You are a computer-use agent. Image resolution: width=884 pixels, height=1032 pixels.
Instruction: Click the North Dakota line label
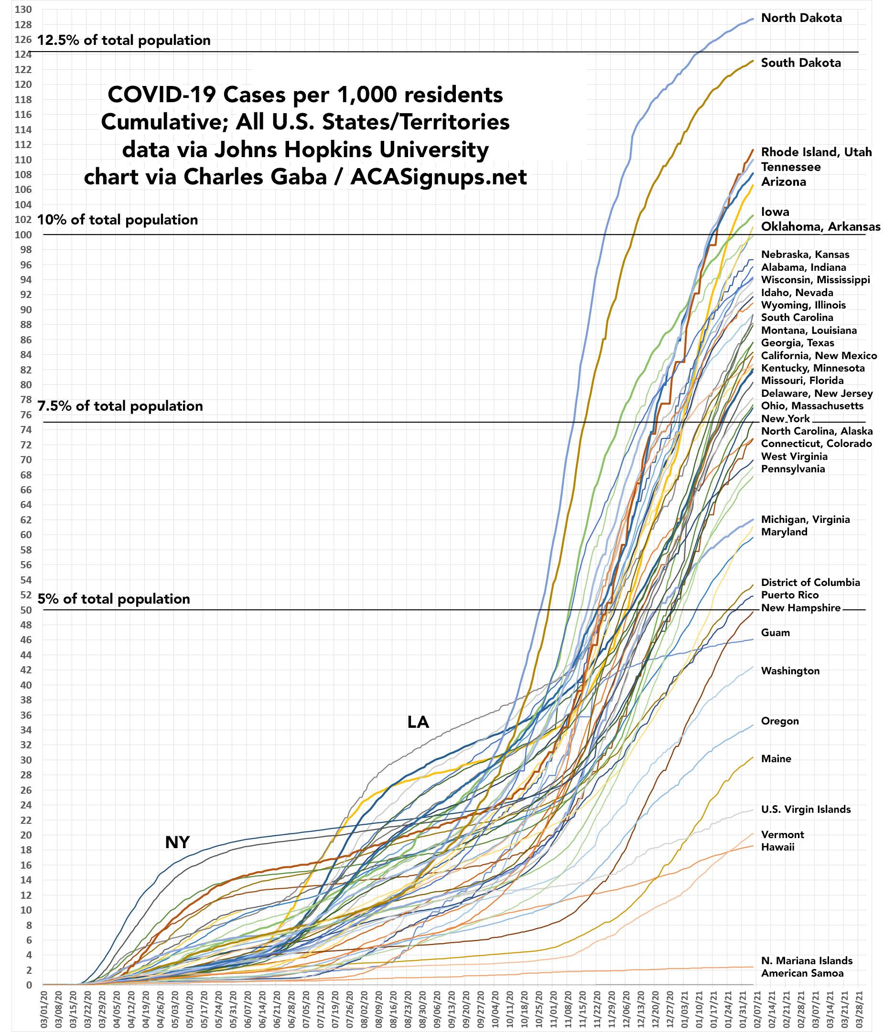click(801, 19)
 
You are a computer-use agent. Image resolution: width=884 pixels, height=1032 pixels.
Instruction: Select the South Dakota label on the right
click(801, 63)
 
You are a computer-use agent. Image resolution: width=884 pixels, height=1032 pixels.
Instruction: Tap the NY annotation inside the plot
click(177, 842)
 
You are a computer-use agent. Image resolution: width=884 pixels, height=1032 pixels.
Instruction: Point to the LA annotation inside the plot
click(418, 722)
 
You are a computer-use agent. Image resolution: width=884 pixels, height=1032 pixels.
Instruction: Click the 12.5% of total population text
click(124, 40)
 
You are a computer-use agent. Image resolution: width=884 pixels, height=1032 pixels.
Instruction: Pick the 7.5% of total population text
click(120, 406)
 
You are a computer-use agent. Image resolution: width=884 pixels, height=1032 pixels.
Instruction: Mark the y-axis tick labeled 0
click(29, 985)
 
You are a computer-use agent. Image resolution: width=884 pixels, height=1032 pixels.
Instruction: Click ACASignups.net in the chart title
click(439, 177)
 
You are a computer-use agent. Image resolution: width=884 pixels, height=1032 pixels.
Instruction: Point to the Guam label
click(776, 633)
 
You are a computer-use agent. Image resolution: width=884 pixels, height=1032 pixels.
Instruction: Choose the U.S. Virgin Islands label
click(806, 809)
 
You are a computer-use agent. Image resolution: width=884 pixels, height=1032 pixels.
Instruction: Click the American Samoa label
click(802, 973)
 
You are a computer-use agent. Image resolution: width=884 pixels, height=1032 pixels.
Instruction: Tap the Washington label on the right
click(790, 671)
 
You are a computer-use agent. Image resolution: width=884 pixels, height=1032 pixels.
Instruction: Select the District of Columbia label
click(810, 582)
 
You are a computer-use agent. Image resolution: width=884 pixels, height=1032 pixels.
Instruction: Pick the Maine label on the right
click(776, 758)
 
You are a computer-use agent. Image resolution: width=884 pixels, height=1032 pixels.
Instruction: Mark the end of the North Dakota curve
click(753, 19)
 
